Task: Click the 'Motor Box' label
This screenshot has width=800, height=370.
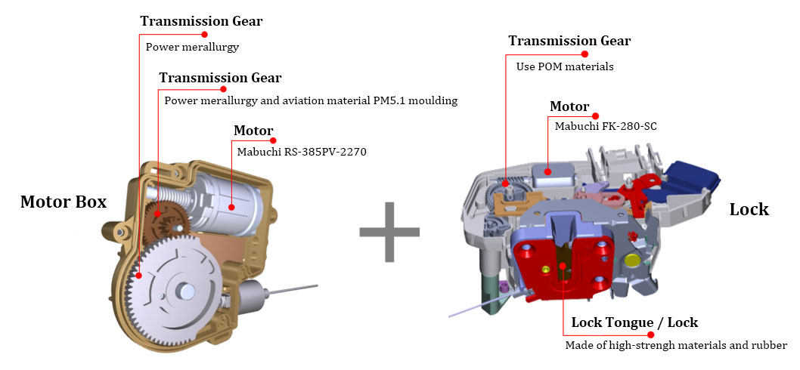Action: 64,202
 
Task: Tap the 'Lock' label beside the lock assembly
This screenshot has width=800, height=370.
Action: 749,209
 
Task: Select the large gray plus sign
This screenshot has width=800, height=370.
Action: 389,232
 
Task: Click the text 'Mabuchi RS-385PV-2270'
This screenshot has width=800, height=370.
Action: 302,151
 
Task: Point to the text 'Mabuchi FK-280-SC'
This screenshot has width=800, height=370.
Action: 606,126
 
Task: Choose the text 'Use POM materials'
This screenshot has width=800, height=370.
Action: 565,66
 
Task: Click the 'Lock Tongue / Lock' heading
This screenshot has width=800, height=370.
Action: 634,322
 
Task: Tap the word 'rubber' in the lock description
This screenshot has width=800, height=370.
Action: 770,346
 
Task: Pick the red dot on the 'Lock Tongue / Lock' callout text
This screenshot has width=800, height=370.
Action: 650,335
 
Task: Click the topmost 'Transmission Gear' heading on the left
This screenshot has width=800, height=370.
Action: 202,21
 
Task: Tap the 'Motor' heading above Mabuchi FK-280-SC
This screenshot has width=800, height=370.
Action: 569,107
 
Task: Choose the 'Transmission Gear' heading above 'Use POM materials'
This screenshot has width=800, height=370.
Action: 569,41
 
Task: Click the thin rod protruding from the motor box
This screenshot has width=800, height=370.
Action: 293,289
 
